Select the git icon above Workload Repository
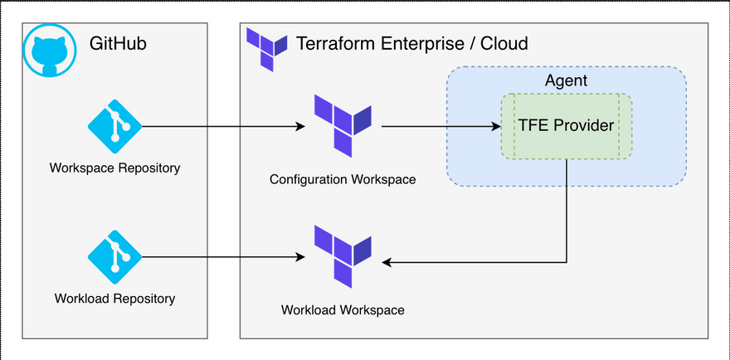[115, 258]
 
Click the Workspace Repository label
[115, 168]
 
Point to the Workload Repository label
[115, 298]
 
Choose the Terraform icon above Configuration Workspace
[342, 125]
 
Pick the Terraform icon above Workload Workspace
[342, 255]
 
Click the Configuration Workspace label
[342, 179]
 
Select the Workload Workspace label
[342, 310]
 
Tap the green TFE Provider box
[566, 126]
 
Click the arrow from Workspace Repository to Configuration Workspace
[224, 127]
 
